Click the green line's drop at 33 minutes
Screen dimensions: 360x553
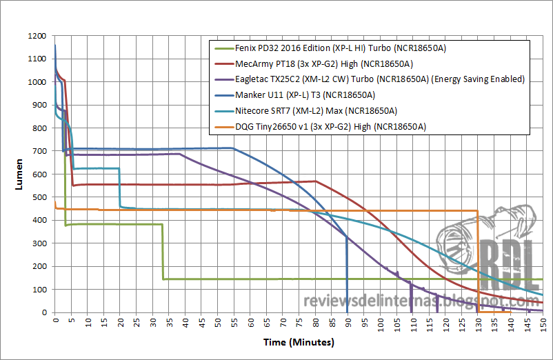[163, 252]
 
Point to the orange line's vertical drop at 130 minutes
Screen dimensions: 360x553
[478, 262]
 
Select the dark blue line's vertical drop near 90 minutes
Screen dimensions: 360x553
[347, 276]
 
